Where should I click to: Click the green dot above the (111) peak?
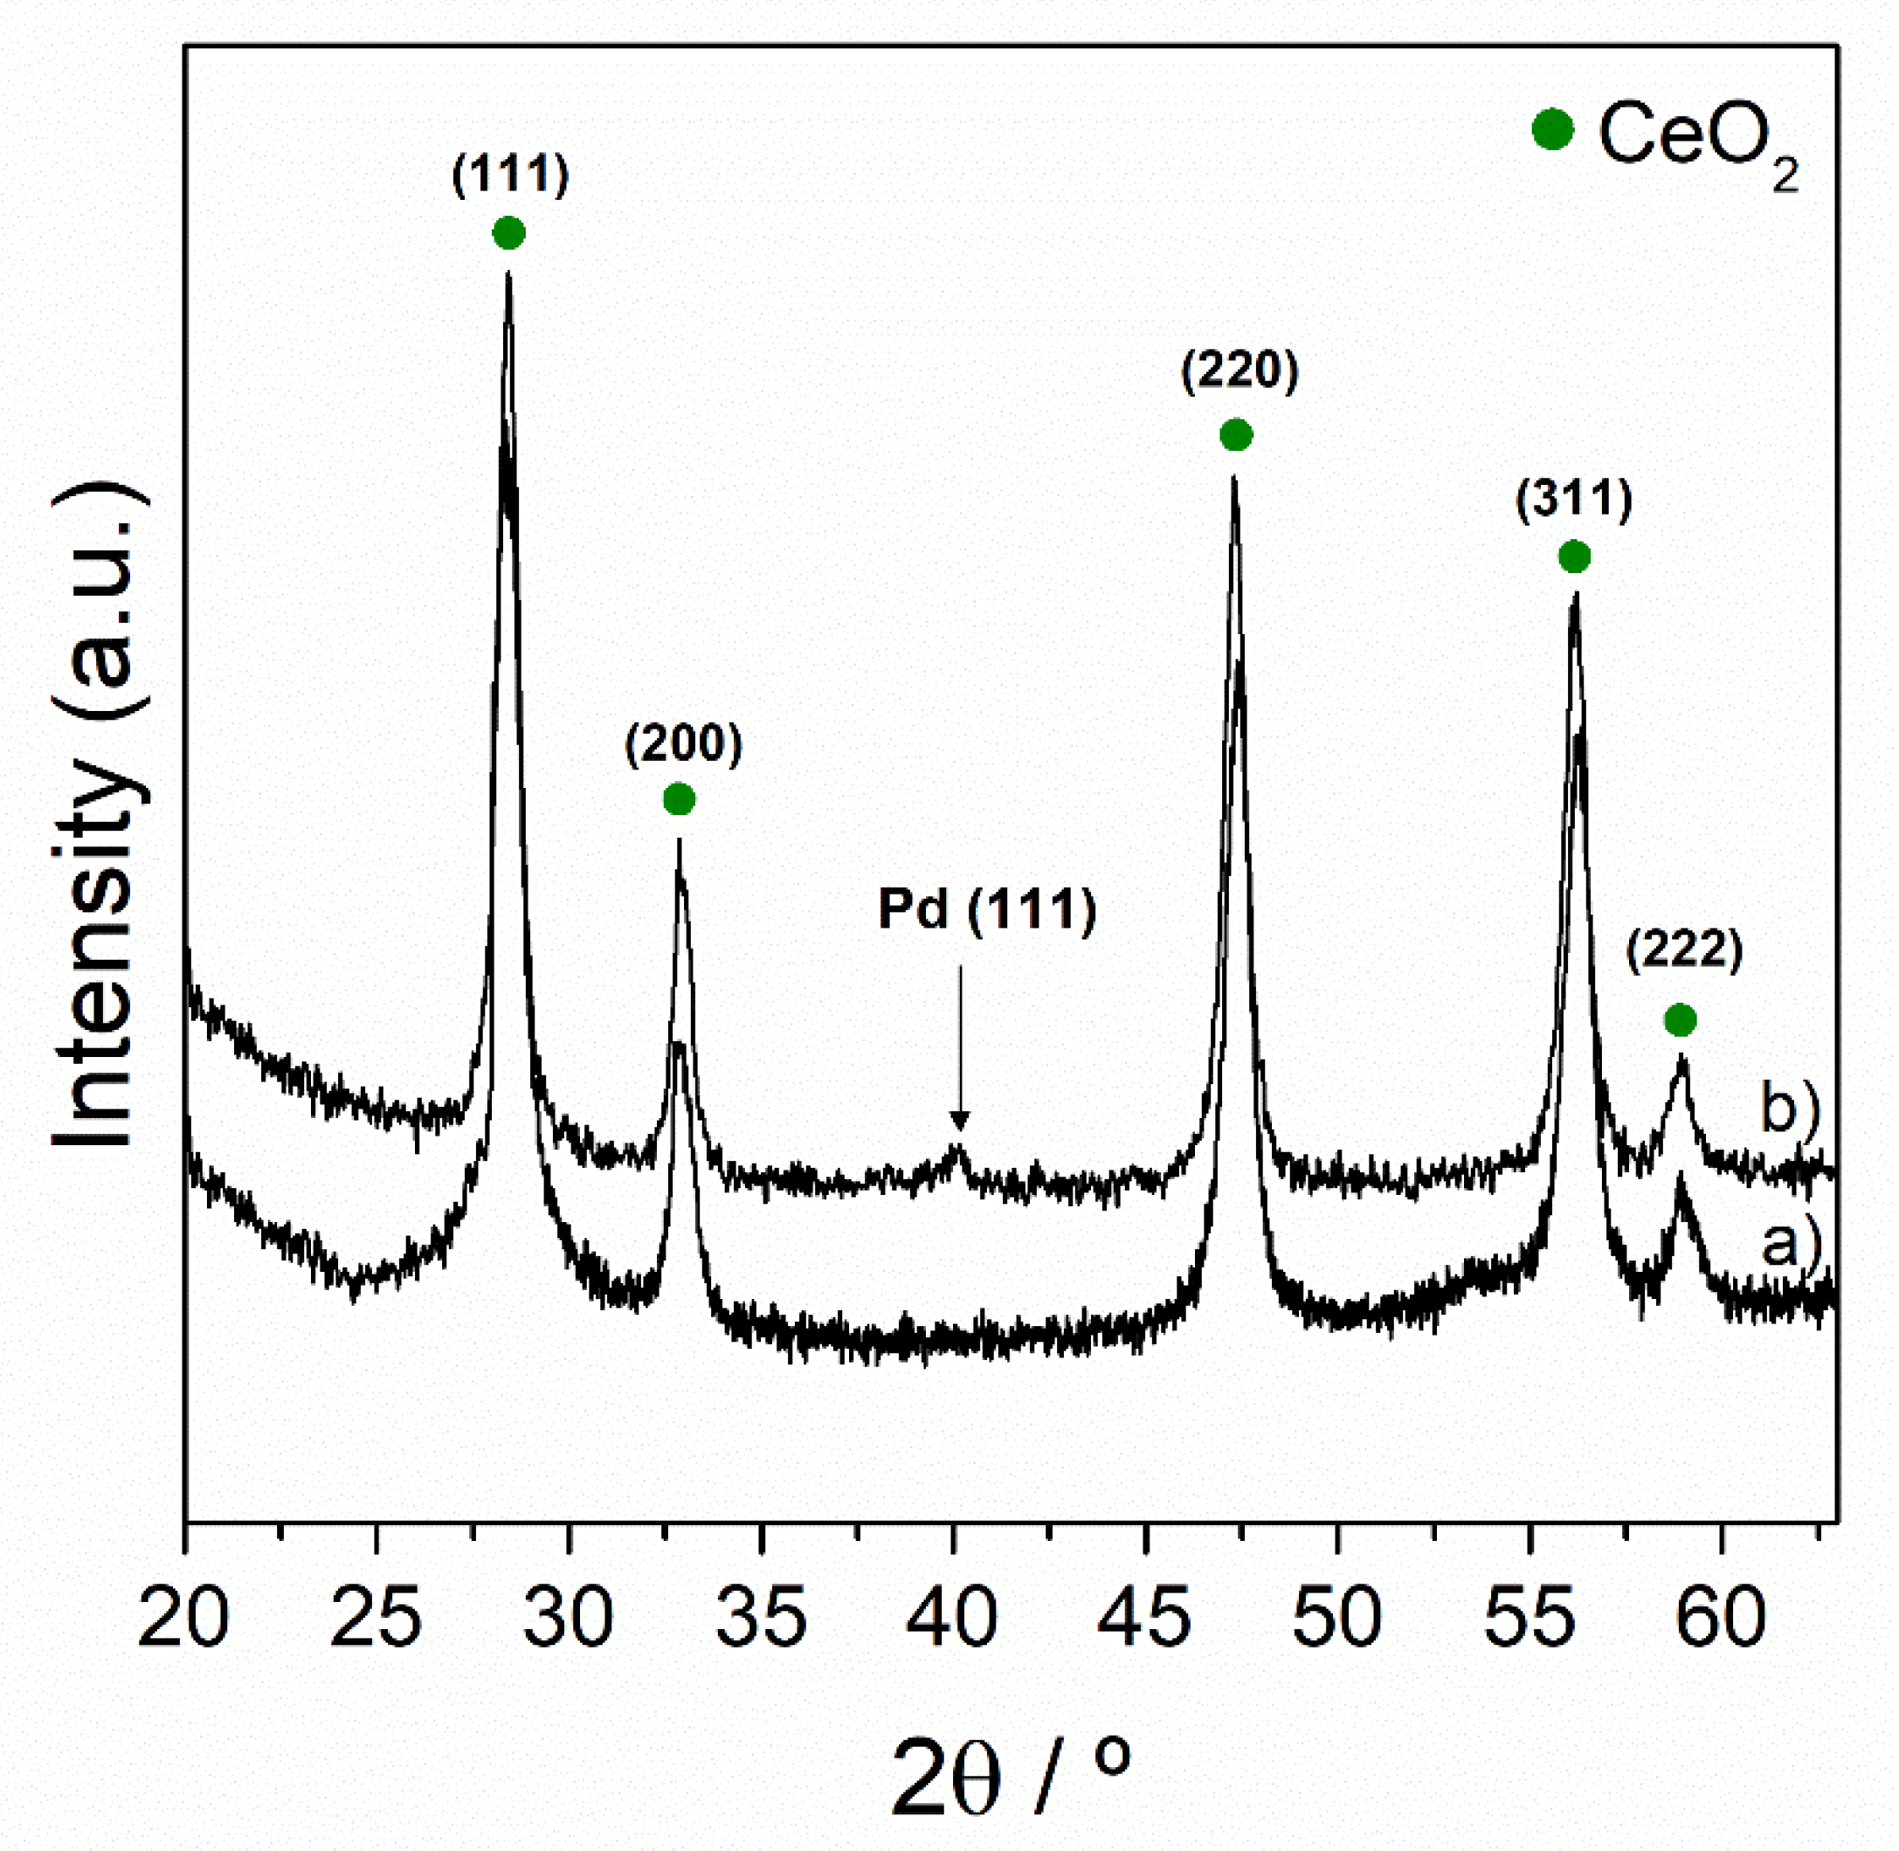pyautogui.click(x=508, y=233)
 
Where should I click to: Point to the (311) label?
pyautogui.click(x=1573, y=501)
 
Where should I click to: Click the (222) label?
pyautogui.click(x=1684, y=949)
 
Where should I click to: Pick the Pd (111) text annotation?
pyautogui.click(x=987, y=911)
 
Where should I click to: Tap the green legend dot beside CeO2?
pyautogui.click(x=1552, y=129)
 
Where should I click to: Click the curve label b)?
pyautogui.click(x=1790, y=1108)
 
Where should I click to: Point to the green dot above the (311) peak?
pyautogui.click(x=1574, y=556)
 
